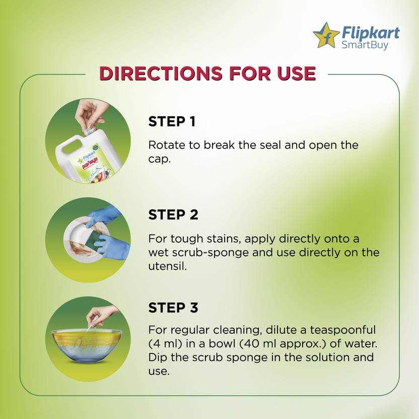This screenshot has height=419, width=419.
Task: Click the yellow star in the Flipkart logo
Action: click(x=326, y=36)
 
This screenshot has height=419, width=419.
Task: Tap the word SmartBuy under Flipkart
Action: click(x=365, y=45)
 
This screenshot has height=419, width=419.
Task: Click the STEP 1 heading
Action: click(x=172, y=121)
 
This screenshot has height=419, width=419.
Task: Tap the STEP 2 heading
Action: click(x=173, y=215)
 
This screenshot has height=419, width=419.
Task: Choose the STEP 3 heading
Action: click(x=173, y=308)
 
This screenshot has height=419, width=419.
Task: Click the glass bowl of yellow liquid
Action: click(x=87, y=345)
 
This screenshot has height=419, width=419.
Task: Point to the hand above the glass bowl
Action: click(x=102, y=316)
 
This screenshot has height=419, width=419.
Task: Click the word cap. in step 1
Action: click(x=159, y=159)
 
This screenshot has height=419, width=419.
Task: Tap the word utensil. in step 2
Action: click(x=167, y=266)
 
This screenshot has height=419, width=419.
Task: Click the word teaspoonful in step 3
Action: click(x=343, y=330)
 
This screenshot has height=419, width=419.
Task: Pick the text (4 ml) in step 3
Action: click(x=165, y=343)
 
